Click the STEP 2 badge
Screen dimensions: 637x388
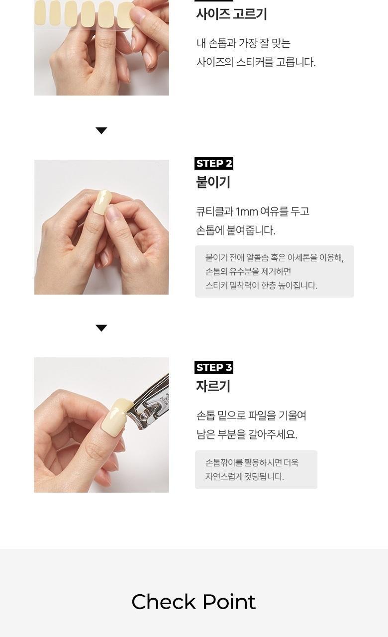[x=214, y=163]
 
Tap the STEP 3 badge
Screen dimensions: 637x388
[x=214, y=367]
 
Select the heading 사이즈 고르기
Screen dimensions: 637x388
[x=231, y=14]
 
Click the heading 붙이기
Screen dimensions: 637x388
[x=213, y=183]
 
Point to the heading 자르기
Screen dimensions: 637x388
[x=213, y=387]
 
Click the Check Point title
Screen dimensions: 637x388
[x=194, y=602]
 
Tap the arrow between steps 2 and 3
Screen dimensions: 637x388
[x=101, y=328]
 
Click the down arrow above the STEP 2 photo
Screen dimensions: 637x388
[x=101, y=130]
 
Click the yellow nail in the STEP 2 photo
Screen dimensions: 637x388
[x=102, y=202]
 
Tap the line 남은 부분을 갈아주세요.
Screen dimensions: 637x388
[x=247, y=434]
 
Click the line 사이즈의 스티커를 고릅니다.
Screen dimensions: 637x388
[x=256, y=62]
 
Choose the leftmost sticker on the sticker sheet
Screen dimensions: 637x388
[x=40, y=13]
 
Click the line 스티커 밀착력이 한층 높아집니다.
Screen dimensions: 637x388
[x=261, y=285]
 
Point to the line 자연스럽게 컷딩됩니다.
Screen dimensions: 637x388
[x=244, y=476]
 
